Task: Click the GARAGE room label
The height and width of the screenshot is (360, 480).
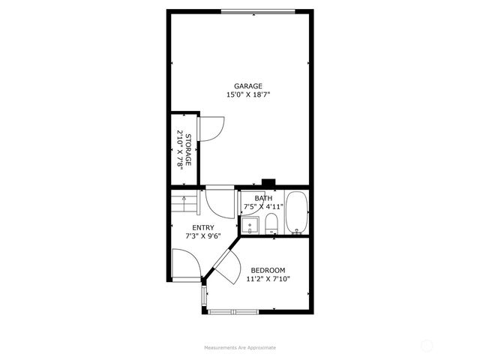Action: tap(248, 86)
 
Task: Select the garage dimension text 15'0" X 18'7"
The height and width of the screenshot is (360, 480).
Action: tap(248, 95)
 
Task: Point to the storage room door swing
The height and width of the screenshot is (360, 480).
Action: tap(211, 128)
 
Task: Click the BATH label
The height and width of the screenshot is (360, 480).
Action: tap(263, 198)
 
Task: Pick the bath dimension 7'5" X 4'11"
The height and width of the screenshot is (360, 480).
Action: tap(263, 206)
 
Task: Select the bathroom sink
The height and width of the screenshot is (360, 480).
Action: tap(250, 224)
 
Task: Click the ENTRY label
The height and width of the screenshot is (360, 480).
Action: tap(203, 228)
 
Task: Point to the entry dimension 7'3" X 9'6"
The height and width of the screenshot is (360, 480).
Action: tap(203, 236)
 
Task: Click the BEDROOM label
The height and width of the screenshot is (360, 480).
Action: tap(268, 271)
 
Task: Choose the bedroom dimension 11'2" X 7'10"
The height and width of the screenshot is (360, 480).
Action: tap(268, 279)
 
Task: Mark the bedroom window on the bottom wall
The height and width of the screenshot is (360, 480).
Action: tap(234, 311)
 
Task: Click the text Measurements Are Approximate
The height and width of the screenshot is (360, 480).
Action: tap(240, 348)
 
